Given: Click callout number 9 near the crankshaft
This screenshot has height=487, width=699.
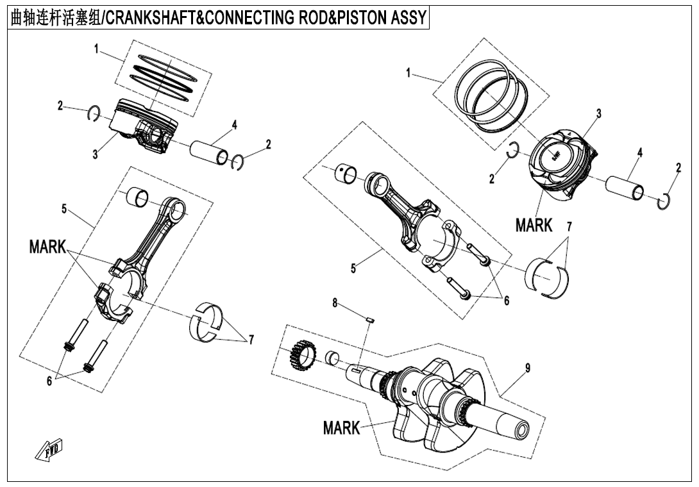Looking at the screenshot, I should point(527,368).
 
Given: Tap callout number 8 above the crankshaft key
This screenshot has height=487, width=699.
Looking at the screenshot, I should point(334,302).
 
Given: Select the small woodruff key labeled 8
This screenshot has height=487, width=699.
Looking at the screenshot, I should point(369,315).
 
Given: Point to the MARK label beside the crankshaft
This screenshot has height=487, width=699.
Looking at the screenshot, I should point(341,428).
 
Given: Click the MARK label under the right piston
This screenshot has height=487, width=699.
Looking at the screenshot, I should point(534,225).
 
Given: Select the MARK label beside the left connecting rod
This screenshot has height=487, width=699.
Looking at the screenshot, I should point(47,247).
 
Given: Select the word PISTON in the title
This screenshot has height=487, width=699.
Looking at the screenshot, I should point(357,18).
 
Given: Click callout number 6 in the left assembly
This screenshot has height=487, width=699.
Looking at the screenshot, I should point(49,381).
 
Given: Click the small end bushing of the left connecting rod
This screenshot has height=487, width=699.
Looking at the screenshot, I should point(138,197).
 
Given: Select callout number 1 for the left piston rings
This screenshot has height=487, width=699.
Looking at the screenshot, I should point(96,49).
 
